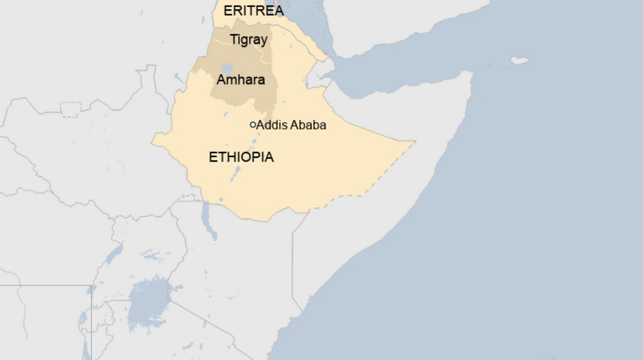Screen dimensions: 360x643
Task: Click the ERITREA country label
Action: click(254, 11)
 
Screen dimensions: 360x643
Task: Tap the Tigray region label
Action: click(248, 40)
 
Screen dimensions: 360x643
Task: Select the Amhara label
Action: click(241, 80)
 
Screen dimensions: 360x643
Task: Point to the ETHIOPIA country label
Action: click(241, 157)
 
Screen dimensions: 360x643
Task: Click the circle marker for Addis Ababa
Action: click(253, 125)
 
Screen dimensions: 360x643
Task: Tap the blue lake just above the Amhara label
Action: click(227, 68)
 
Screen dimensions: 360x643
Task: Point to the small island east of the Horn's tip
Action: click(520, 61)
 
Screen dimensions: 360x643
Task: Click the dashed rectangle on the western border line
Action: click(71, 110)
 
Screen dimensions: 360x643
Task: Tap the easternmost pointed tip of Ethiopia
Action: click(415, 141)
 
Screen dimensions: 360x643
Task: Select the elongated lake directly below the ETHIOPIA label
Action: click(235, 174)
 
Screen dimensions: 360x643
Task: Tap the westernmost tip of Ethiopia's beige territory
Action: click(152, 142)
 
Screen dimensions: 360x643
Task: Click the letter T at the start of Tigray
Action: click(234, 39)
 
